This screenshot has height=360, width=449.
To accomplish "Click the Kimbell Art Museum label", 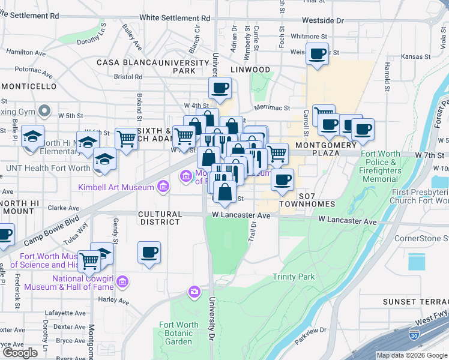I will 116,188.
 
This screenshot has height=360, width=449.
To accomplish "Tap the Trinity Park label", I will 294,277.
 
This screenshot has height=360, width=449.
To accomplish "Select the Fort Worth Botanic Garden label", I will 178,334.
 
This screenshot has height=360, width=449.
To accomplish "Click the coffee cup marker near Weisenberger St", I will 317,54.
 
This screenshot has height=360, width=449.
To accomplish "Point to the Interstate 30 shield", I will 414,334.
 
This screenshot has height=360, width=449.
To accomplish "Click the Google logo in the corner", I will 20,353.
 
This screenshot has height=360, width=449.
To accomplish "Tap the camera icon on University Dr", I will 194,292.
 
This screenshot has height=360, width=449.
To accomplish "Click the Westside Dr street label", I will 322,20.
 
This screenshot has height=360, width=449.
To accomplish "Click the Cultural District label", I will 160,218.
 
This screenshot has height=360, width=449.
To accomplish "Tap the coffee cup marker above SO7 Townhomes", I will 281,179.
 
